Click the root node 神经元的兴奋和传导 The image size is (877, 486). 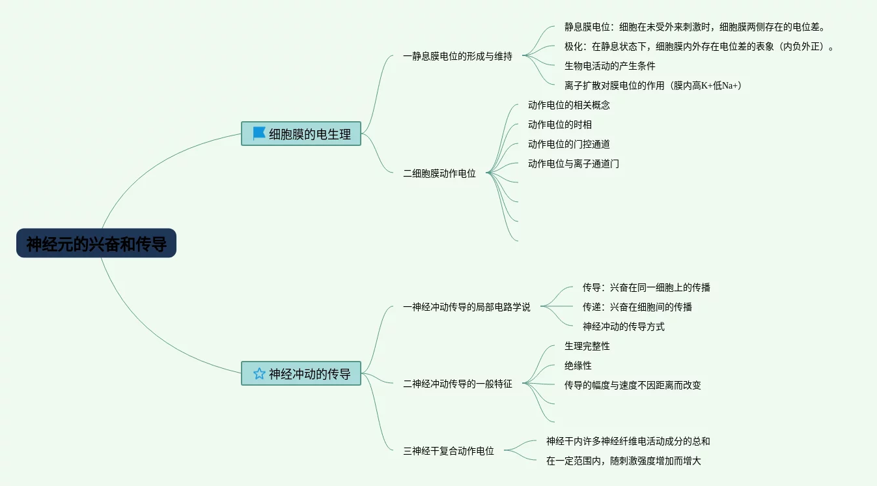click(x=96, y=244)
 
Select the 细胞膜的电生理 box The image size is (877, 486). click(x=301, y=134)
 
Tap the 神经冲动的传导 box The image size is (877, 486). click(x=301, y=374)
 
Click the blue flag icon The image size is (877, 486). click(x=259, y=134)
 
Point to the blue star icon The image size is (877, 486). click(x=259, y=373)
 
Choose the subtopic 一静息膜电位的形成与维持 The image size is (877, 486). click(x=457, y=56)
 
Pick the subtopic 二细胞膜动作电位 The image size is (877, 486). click(x=439, y=173)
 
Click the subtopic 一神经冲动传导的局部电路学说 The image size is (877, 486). click(x=466, y=307)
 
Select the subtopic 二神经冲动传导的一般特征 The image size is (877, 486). click(x=457, y=384)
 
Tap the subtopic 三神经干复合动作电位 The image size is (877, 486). click(x=448, y=451)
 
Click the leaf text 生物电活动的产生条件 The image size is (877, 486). click(x=609, y=66)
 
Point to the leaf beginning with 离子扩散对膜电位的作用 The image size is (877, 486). click(x=653, y=85)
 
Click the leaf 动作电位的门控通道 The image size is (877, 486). click(x=568, y=144)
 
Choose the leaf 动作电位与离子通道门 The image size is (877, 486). click(x=573, y=164)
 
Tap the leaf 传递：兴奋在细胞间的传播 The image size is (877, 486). click(x=637, y=307)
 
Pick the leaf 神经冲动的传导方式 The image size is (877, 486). click(x=623, y=326)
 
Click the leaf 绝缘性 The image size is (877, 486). click(x=578, y=365)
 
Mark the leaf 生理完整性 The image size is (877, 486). click(x=587, y=346)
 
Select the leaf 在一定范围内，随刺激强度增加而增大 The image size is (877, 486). click(x=623, y=461)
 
